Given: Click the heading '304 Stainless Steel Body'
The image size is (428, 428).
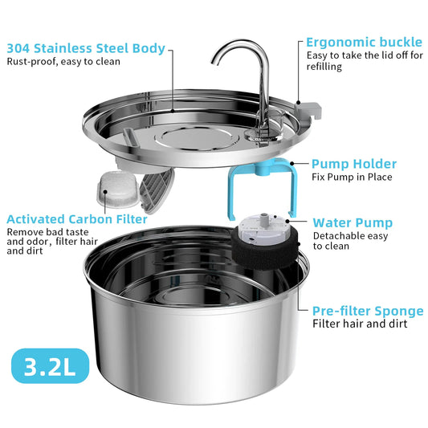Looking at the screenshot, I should [x=87, y=48].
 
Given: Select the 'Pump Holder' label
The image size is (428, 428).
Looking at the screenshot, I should [x=354, y=164].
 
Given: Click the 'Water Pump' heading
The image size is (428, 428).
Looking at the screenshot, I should [x=353, y=222].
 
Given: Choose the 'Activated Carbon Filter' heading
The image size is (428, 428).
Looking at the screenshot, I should [x=76, y=218].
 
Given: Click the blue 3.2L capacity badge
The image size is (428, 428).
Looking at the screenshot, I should [x=50, y=367].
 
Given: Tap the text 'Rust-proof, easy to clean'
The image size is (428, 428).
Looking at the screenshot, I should [x=64, y=62].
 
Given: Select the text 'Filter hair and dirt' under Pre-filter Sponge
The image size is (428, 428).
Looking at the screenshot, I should [x=360, y=324].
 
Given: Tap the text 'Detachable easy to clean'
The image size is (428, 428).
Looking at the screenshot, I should [x=350, y=241].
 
